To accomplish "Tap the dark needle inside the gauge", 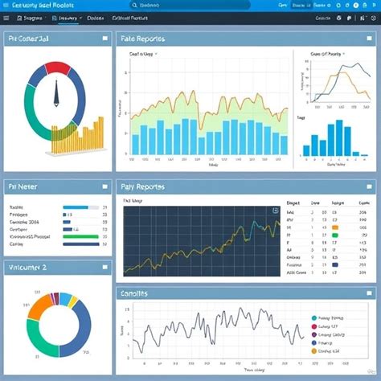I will coord(56,95).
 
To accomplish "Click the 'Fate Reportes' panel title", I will coord(142,38).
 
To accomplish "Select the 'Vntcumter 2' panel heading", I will coord(28,266).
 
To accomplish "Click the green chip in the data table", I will coord(337,227).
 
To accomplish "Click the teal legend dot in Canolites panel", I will coord(313,318).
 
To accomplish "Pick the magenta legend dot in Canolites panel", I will coord(313,338).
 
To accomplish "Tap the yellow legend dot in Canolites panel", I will coord(313,349).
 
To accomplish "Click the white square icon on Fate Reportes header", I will coord(364,38).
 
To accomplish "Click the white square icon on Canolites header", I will coord(364,293).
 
